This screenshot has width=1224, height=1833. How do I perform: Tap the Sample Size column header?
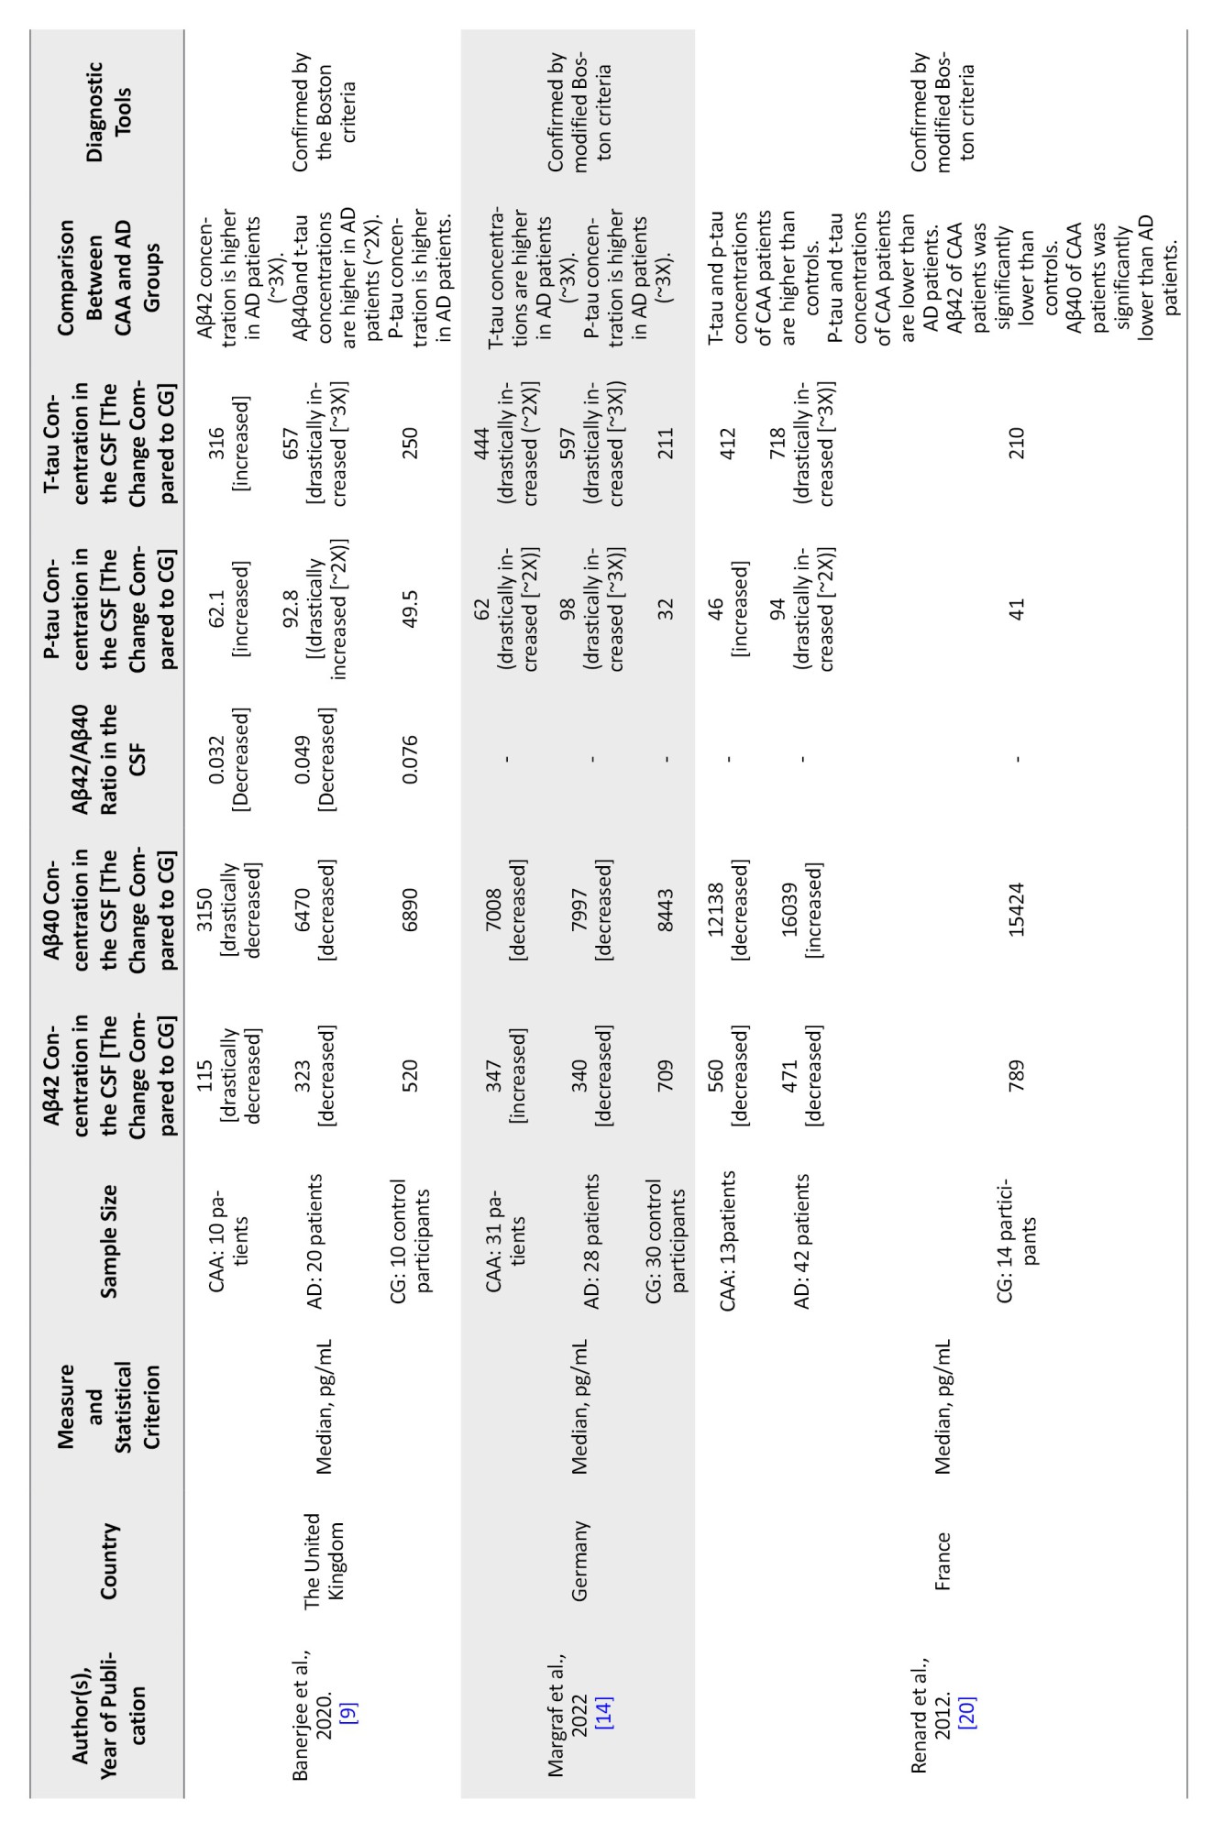pyautogui.click(x=108, y=1241)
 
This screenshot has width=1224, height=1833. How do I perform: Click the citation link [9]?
pyautogui.click(x=348, y=1685)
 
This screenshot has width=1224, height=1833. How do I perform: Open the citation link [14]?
pyautogui.click(x=604, y=1685)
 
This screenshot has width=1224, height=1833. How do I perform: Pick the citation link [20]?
pyautogui.click(x=966, y=1685)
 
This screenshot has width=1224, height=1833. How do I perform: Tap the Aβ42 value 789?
pyautogui.click(x=1016, y=1072)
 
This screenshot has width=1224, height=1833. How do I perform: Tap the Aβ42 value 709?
pyautogui.click(x=666, y=1072)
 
